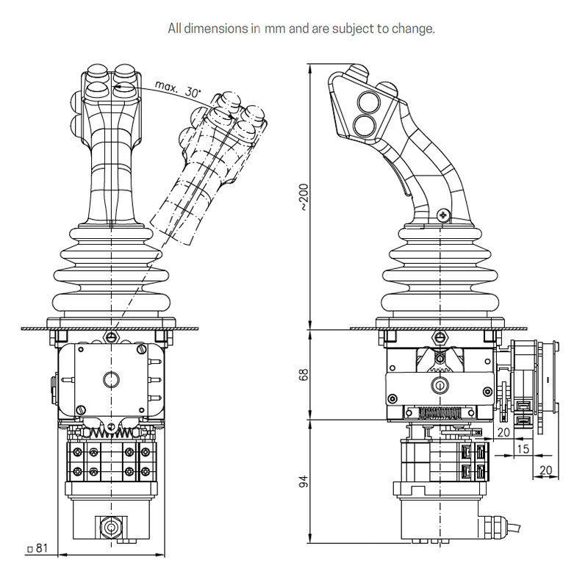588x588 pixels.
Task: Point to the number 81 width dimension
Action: pos(42,548)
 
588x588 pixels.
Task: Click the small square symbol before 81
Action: pos(29,549)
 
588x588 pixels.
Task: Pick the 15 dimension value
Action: pos(523,448)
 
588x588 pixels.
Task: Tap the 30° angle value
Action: pos(193,93)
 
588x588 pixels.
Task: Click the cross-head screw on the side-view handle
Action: pos(441,215)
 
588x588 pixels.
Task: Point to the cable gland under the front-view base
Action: pos(110,527)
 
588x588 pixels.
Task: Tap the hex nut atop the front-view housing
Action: pos(110,337)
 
